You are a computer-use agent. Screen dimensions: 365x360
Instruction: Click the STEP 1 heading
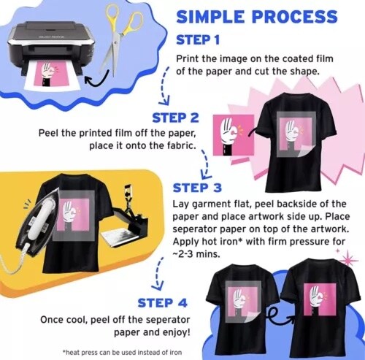click(198, 40)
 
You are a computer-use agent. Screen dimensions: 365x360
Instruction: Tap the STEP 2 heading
click(175, 118)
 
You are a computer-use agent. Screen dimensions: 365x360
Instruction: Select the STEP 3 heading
click(197, 188)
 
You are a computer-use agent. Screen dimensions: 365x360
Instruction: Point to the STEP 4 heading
click(162, 303)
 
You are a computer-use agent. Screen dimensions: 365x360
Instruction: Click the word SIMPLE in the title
click(210, 17)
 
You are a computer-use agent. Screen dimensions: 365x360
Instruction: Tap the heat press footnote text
click(122, 352)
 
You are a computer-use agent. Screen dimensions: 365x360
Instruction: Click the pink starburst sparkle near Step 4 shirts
click(348, 260)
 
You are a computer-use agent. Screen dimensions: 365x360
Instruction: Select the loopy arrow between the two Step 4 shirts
click(280, 315)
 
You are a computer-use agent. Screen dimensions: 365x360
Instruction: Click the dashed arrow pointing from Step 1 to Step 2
click(164, 85)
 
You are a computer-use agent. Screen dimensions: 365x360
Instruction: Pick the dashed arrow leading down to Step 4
click(158, 272)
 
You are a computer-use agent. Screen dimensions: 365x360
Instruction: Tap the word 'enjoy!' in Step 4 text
click(176, 332)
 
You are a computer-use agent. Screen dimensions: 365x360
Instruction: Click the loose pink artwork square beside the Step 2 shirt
click(233, 135)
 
